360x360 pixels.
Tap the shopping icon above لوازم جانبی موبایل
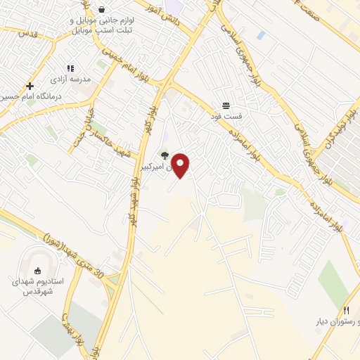(102, 10)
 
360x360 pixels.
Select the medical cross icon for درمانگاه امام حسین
(30, 86)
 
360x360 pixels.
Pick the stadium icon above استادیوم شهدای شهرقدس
(39, 270)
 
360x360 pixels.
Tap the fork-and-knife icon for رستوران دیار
(345, 310)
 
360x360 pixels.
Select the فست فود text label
(230, 115)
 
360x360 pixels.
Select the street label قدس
(27, 33)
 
